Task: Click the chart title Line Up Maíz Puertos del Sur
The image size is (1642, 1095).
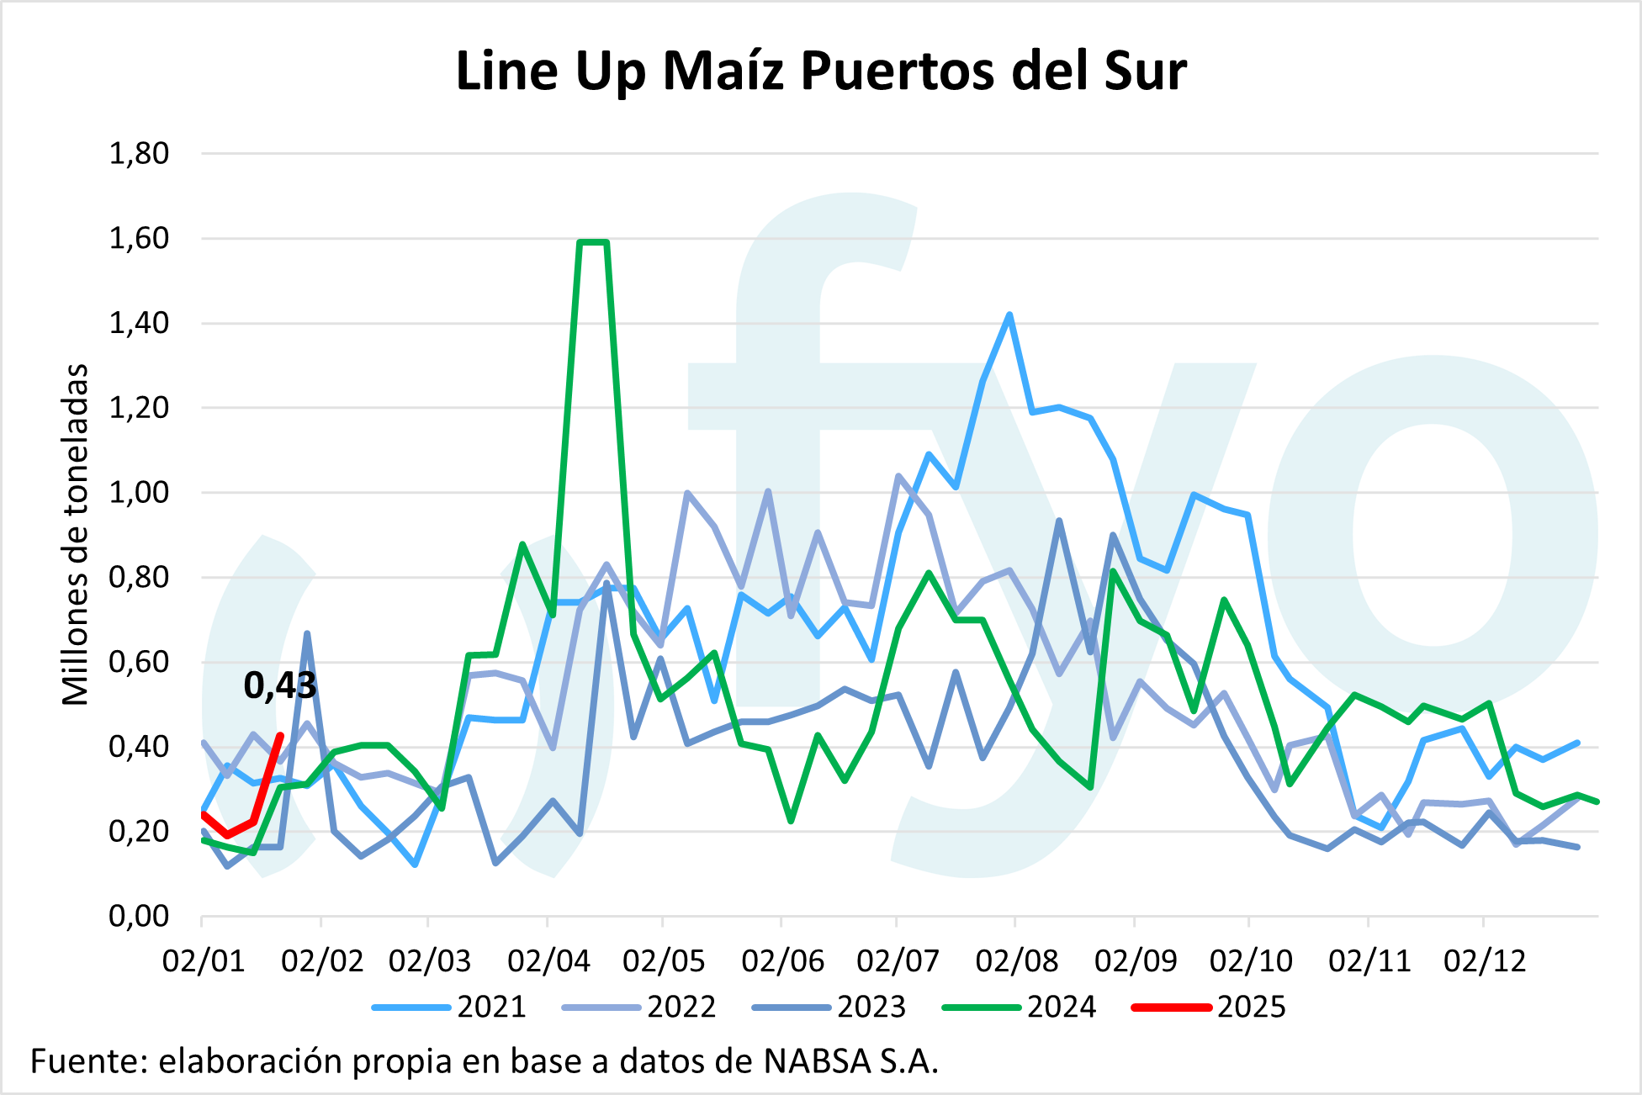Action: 820,71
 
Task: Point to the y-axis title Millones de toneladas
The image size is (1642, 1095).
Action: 76,535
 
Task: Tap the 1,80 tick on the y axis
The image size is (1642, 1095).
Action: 139,154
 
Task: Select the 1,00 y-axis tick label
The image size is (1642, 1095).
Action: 139,492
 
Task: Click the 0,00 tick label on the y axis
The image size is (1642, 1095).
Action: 139,915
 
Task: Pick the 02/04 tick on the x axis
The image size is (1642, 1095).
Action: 548,960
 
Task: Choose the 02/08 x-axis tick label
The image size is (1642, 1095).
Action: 1016,960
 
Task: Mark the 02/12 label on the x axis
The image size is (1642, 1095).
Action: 1484,960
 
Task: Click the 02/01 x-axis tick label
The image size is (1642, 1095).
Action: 203,960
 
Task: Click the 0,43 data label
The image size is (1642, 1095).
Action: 280,686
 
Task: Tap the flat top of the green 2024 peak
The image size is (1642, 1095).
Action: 593,242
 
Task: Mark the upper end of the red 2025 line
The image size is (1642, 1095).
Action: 280,736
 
